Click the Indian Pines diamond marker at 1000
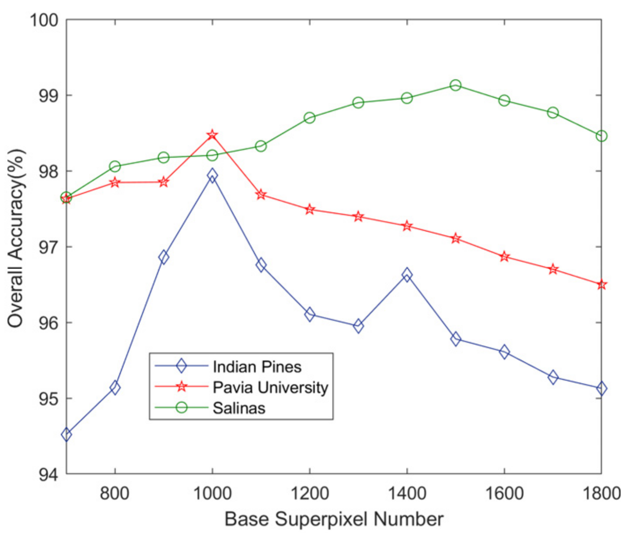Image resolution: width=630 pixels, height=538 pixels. pyautogui.click(x=212, y=175)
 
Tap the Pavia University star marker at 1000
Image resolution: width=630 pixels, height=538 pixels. pyautogui.click(x=212, y=135)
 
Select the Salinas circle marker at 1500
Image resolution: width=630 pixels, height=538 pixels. pyautogui.click(x=455, y=85)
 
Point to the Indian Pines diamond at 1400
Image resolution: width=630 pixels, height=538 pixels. pyautogui.click(x=407, y=275)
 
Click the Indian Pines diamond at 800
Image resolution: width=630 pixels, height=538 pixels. pyautogui.click(x=115, y=388)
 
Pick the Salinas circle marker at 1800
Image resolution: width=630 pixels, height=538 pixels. pyautogui.click(x=601, y=136)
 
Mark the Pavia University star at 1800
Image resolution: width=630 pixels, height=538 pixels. pyautogui.click(x=601, y=285)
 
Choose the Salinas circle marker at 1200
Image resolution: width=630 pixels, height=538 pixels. pyautogui.click(x=309, y=118)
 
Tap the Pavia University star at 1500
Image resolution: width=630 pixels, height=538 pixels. pyautogui.click(x=455, y=239)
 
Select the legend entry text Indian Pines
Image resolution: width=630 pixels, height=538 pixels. pyautogui.click(x=257, y=367)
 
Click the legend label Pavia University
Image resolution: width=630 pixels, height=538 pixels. pyautogui.click(x=270, y=387)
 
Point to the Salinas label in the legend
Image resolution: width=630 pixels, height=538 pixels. pyautogui.click(x=239, y=408)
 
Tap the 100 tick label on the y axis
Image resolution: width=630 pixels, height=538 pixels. pyautogui.click(x=44, y=20)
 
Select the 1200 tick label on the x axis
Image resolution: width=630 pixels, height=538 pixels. pyautogui.click(x=309, y=493)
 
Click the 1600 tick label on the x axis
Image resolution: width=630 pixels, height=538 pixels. pyautogui.click(x=504, y=493)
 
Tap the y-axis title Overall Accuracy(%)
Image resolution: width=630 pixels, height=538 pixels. pyautogui.click(x=15, y=247)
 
